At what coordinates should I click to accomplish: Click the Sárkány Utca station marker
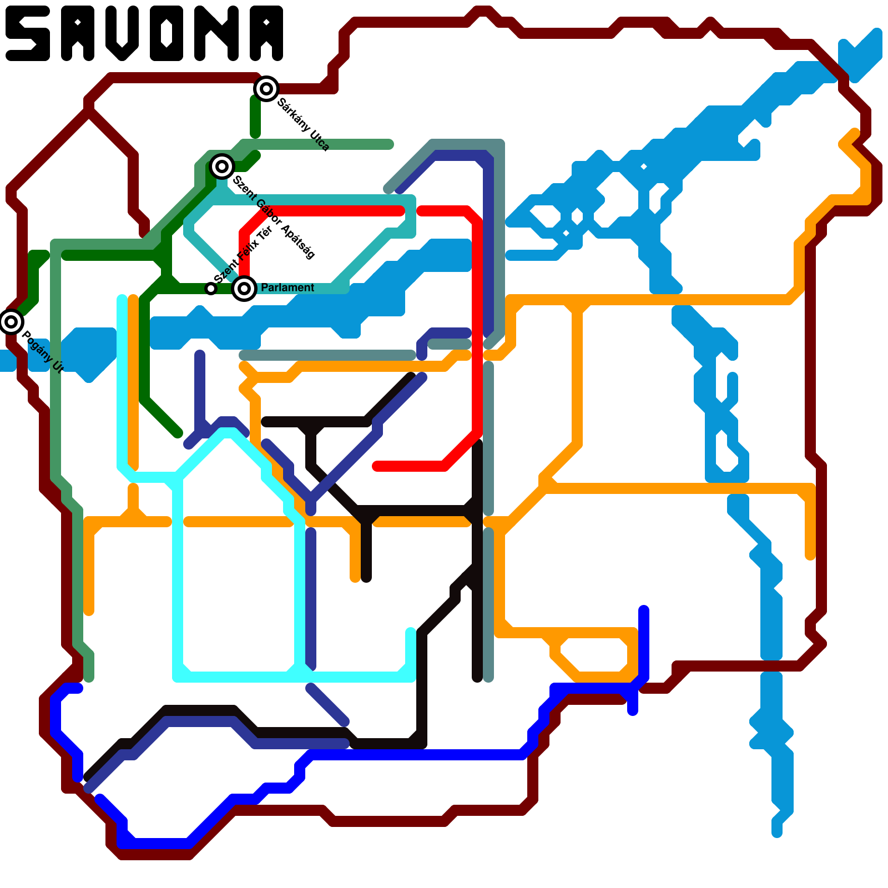click(x=266, y=88)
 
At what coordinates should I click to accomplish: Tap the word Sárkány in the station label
click(x=294, y=115)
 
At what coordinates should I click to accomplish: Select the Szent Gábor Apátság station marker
click(x=222, y=166)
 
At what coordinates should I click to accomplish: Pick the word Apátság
click(x=298, y=241)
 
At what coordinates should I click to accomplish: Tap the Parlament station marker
click(x=244, y=288)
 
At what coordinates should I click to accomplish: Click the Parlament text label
click(x=287, y=287)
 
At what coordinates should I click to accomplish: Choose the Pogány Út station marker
click(x=11, y=321)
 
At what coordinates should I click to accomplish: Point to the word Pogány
click(x=36, y=346)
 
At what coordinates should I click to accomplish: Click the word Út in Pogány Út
click(x=58, y=367)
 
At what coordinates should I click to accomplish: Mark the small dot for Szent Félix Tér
click(x=210, y=288)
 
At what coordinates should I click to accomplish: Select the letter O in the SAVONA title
click(x=165, y=33)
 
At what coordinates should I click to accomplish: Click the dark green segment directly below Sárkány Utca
click(x=255, y=117)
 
